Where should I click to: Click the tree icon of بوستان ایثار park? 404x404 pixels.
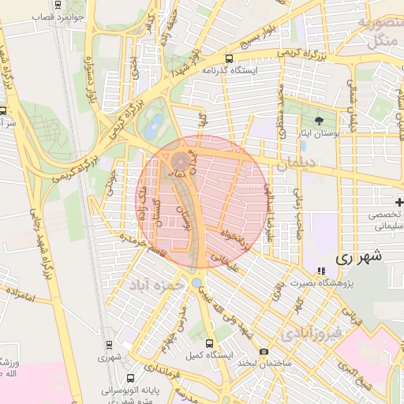coord(319,122)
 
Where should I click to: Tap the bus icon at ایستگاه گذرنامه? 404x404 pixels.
coord(229,58)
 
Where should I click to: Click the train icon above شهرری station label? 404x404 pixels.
coord(108,344)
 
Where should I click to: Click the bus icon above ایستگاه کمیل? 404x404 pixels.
coord(209,343)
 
